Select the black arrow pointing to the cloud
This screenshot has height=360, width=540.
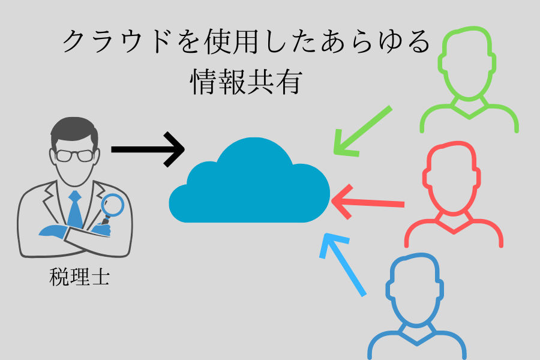tap(147, 148)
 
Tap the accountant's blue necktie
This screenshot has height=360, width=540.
tap(74, 210)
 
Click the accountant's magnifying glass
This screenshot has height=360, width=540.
tap(111, 207)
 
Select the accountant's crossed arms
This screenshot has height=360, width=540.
tap(75, 237)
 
